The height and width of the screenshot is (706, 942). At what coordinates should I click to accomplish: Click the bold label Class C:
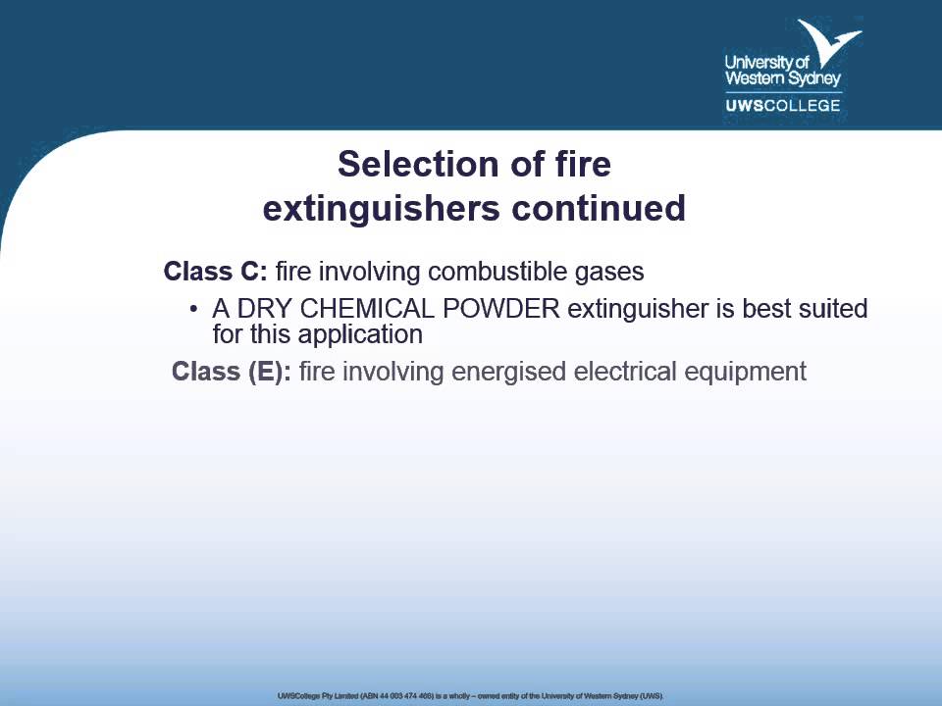[x=215, y=271]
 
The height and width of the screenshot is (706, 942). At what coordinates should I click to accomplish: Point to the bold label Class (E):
[x=231, y=373]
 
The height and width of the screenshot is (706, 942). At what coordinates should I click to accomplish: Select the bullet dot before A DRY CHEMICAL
[x=193, y=310]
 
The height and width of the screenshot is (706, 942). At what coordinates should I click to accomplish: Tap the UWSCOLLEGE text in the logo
[x=782, y=105]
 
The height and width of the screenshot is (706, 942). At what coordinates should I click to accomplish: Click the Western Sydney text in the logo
[x=782, y=78]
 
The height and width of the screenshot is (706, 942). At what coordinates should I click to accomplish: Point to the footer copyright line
[x=471, y=695]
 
